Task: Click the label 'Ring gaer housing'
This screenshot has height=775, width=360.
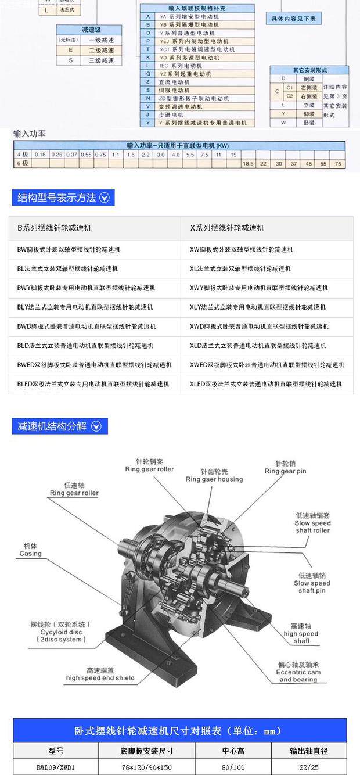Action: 214,479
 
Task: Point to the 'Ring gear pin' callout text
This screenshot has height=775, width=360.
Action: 285,471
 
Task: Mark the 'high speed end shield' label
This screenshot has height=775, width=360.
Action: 100,677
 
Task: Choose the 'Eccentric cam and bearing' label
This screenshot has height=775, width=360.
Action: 298,676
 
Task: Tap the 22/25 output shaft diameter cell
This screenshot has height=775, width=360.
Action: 309,767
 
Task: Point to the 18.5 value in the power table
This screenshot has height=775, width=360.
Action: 249,164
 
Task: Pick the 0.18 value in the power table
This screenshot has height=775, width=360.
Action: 40,155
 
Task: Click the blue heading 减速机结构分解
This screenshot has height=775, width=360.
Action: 60,426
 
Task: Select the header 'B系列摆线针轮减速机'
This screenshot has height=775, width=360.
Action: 54,228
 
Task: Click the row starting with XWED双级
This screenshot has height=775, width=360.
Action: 267,365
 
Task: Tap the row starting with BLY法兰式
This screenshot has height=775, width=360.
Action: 86,307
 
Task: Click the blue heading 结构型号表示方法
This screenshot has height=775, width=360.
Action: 62,198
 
